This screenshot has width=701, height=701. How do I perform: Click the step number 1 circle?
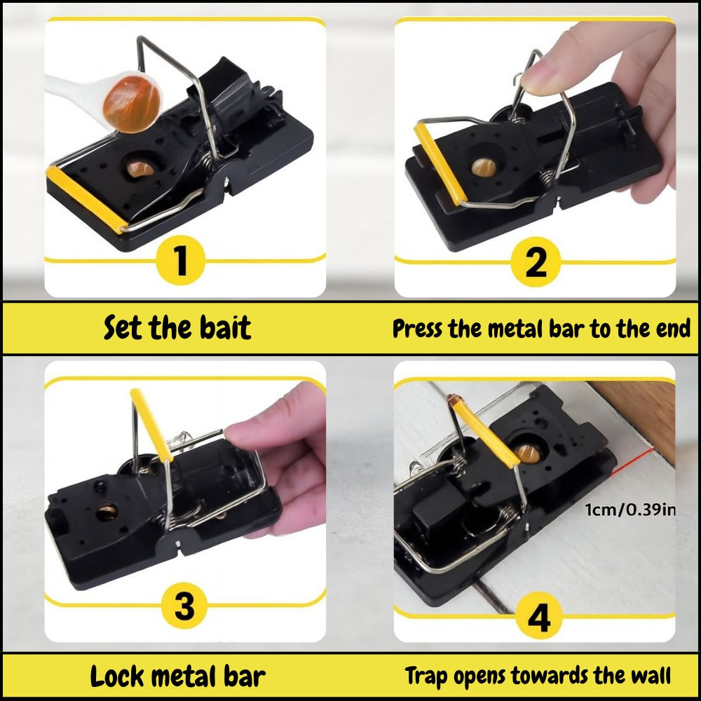181,260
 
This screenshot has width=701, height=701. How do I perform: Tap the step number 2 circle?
536,261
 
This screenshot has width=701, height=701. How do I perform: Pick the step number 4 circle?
538,618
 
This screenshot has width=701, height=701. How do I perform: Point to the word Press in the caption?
418,328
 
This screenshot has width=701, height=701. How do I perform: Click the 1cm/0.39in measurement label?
630,510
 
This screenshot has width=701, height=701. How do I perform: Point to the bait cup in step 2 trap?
484,167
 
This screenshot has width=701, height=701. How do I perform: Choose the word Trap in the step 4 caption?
427,676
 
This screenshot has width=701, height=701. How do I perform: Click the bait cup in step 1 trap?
143,168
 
